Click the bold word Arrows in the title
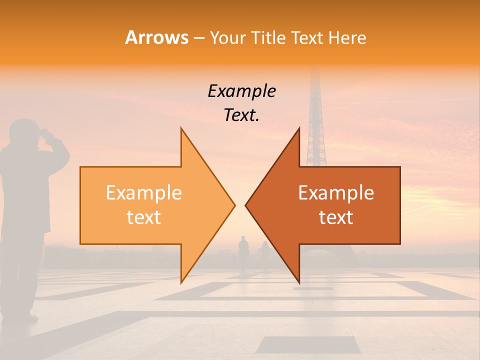(157, 37)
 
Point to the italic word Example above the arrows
(241, 91)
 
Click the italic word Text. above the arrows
(241, 115)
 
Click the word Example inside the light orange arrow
(144, 193)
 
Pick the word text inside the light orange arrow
(144, 217)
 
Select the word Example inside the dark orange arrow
(336, 193)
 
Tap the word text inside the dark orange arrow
(336, 217)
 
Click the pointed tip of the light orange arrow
(234, 205)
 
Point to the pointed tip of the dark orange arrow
(245, 205)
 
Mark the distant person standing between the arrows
(243, 250)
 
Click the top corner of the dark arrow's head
(299, 128)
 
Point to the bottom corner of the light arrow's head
(181, 282)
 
